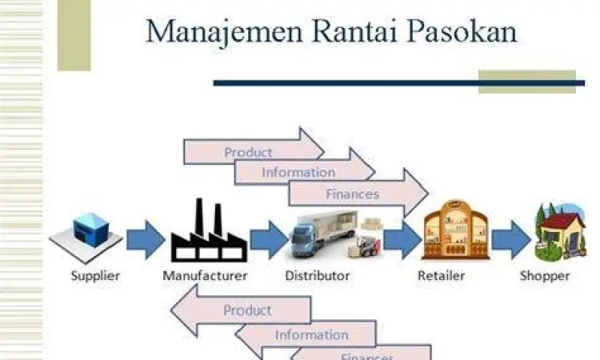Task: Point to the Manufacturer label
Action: [205, 276]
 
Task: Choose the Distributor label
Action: [318, 276]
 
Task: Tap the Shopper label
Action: [546, 276]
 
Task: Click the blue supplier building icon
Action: [86, 232]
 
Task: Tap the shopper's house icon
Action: [560, 232]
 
